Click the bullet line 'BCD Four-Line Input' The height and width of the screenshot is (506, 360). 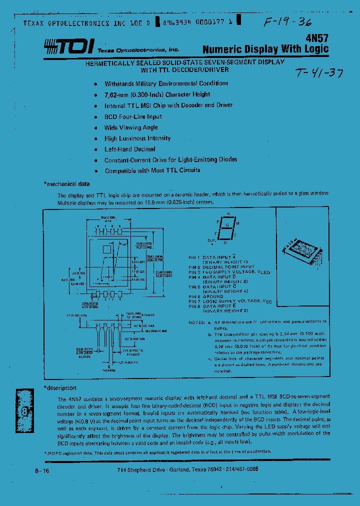coord(133,116)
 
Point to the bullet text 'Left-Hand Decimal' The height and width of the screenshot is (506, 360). coord(129,149)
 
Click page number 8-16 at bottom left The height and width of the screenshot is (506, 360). coord(42,471)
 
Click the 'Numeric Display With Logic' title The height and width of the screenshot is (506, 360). coord(265,49)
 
